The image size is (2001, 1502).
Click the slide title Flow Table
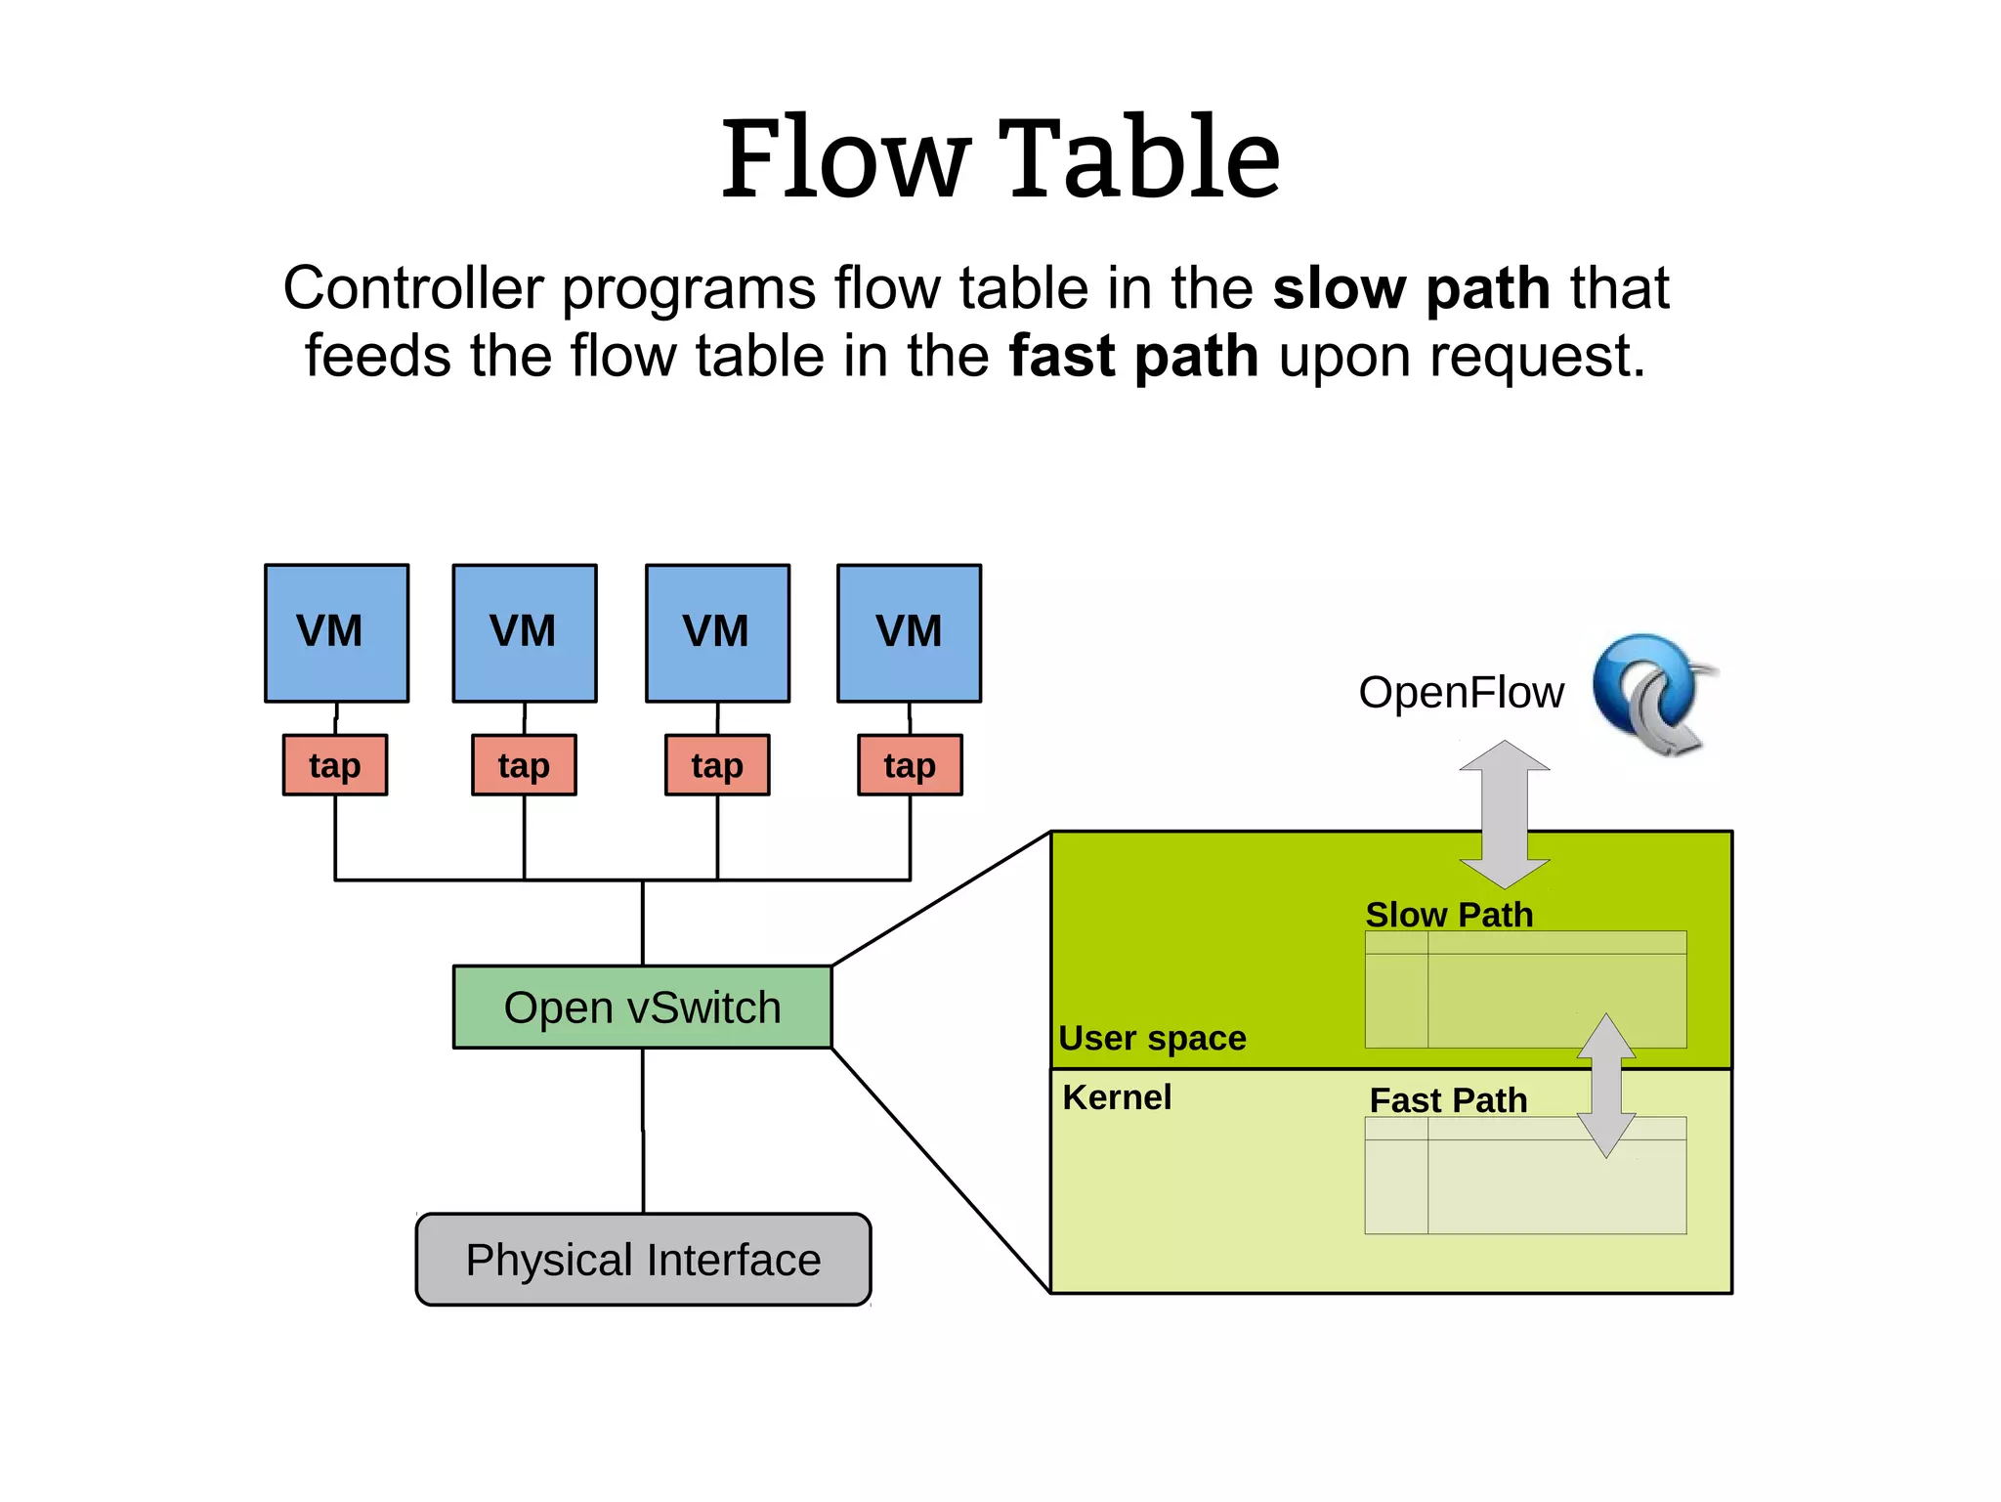pyautogui.click(x=1000, y=158)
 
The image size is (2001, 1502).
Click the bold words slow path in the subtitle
pyautogui.click(x=1411, y=289)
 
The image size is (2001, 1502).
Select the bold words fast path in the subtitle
pyautogui.click(x=1133, y=357)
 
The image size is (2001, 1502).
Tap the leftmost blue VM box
pyautogui.click(x=336, y=632)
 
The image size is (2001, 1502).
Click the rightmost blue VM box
pyautogui.click(x=909, y=632)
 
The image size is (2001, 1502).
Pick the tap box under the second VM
pyautogui.click(x=524, y=765)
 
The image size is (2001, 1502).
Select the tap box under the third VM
pyautogui.click(x=717, y=765)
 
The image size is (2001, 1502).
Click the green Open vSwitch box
pyautogui.click(x=642, y=1008)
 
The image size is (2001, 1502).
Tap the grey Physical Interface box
pyautogui.click(x=643, y=1260)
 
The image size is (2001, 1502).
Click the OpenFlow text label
pyautogui.click(x=1461, y=693)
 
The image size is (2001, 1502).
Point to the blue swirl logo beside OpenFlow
pyautogui.click(x=1651, y=693)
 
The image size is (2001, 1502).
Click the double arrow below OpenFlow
pyautogui.click(x=1505, y=814)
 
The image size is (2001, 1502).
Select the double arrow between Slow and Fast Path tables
pyautogui.click(x=1606, y=1085)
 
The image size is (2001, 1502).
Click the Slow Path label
pyautogui.click(x=1449, y=915)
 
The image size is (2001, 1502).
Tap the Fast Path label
pyautogui.click(x=1448, y=1100)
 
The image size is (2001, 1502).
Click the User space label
pyautogui.click(x=1152, y=1038)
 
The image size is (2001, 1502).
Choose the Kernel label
pyautogui.click(x=1117, y=1097)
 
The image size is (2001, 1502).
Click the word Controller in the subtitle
pyautogui.click(x=412, y=289)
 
